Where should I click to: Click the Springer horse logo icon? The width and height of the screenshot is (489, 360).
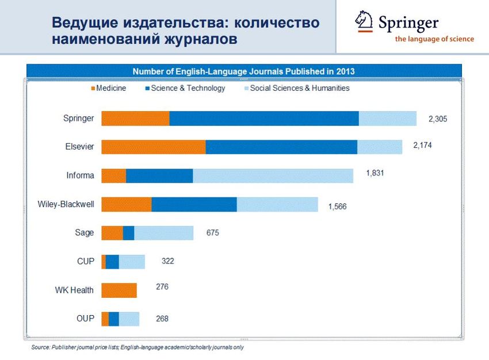364,21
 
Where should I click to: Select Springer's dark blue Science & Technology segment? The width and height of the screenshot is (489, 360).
264,118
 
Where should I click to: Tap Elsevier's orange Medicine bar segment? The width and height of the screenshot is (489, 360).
154,147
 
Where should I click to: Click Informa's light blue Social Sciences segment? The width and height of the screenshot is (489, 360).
273,175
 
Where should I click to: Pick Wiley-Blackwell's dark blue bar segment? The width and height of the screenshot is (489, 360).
194,204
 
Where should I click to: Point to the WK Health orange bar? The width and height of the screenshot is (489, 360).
119,290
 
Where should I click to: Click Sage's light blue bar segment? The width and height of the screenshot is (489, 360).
164,233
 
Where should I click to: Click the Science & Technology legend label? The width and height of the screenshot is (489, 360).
188,89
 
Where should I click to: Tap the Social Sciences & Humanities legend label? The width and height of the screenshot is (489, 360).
300,89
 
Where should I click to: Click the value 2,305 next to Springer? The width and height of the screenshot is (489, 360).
437,119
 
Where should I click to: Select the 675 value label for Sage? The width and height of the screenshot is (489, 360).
213,233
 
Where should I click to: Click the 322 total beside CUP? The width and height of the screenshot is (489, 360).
167,261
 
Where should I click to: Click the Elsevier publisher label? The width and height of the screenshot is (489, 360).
79,147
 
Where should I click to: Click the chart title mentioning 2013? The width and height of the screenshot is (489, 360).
243,71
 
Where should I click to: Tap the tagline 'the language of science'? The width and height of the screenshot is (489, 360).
434,39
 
